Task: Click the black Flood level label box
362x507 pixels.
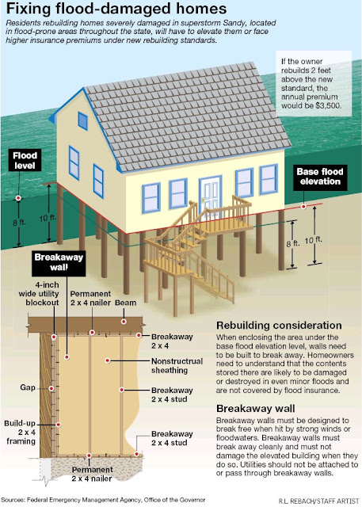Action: [x=25, y=160]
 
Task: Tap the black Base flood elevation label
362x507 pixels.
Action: [x=320, y=177]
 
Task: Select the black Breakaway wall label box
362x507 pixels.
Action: [x=59, y=263]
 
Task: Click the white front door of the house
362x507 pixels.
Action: [x=211, y=197]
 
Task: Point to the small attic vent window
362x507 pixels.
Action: [x=82, y=121]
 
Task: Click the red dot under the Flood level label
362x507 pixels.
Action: [x=18, y=198]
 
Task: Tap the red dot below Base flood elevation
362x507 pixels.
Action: [x=303, y=206]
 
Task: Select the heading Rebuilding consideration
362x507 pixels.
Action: [x=279, y=326]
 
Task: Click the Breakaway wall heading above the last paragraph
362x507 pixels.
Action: [x=256, y=409]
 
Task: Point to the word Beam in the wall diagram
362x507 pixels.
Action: [x=125, y=303]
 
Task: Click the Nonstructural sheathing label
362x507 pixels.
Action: [x=177, y=366]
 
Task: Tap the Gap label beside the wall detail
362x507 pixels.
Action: [x=28, y=387]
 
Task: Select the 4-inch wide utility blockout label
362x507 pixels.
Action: [x=39, y=294]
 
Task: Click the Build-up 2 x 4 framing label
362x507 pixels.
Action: [x=20, y=433]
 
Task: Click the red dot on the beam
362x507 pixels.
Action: [x=124, y=322]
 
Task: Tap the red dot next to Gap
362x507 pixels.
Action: [x=51, y=388]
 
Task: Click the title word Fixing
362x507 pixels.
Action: [x=29, y=9]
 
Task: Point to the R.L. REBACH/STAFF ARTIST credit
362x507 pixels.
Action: [x=319, y=501]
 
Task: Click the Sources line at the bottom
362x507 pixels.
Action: [x=104, y=500]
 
